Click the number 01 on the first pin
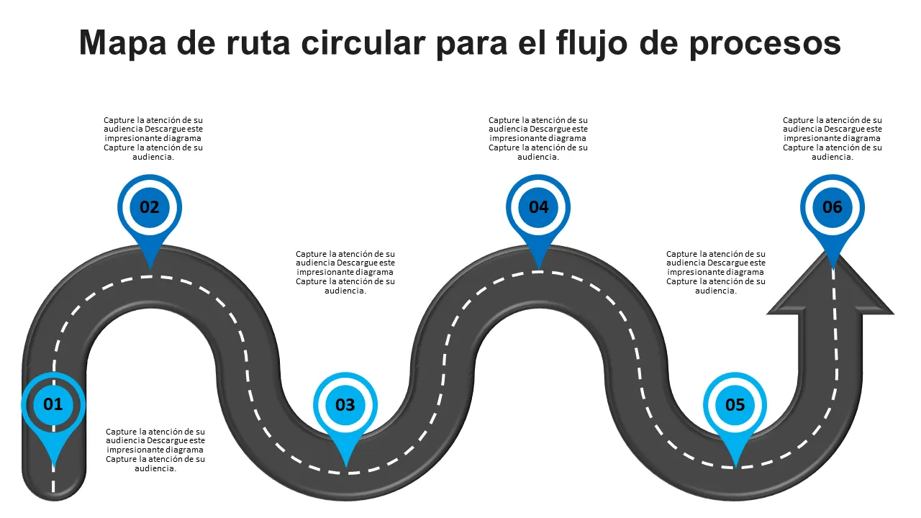click(x=53, y=404)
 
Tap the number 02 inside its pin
click(x=150, y=207)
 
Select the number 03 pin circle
click(x=345, y=405)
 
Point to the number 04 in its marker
click(x=539, y=207)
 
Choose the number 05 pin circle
click(x=735, y=405)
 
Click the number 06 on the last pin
click(x=832, y=207)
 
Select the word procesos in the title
click(x=765, y=43)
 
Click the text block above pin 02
click(x=153, y=138)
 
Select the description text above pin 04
click(x=538, y=138)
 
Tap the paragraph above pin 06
click(x=832, y=138)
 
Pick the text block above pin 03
click(x=345, y=272)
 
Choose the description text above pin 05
click(x=716, y=272)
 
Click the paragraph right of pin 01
click(x=155, y=450)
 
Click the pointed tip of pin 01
click(x=53, y=468)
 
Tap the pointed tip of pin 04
click(x=539, y=269)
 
